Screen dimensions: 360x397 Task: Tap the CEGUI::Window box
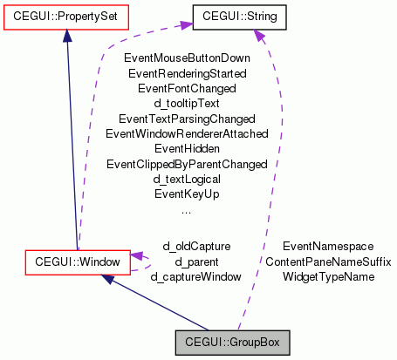coord(78,260)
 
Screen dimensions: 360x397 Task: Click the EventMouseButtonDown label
coord(186,58)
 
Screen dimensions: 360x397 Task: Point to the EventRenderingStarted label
coord(186,73)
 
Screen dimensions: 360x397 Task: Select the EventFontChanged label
coord(186,88)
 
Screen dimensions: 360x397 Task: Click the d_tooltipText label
coord(186,103)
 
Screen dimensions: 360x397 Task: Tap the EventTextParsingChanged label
coord(186,119)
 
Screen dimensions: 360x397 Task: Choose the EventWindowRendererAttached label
coord(186,133)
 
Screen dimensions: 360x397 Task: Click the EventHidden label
coord(186,148)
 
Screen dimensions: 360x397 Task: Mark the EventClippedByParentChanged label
coord(186,164)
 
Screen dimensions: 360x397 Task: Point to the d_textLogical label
coord(186,179)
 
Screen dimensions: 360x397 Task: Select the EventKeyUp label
coord(186,194)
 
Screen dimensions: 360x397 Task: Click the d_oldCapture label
coord(196,246)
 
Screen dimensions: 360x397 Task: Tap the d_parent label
coord(196,261)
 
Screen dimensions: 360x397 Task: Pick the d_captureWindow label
coord(196,276)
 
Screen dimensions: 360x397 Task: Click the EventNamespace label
coord(328,247)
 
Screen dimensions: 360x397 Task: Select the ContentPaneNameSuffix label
coord(328,262)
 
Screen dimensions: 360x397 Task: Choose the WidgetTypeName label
coord(328,276)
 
